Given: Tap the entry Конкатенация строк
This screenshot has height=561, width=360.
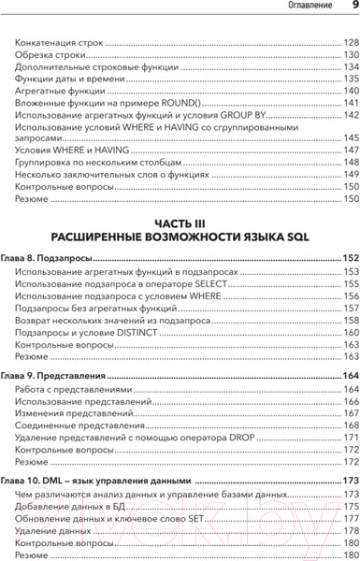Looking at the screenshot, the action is (56, 43).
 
